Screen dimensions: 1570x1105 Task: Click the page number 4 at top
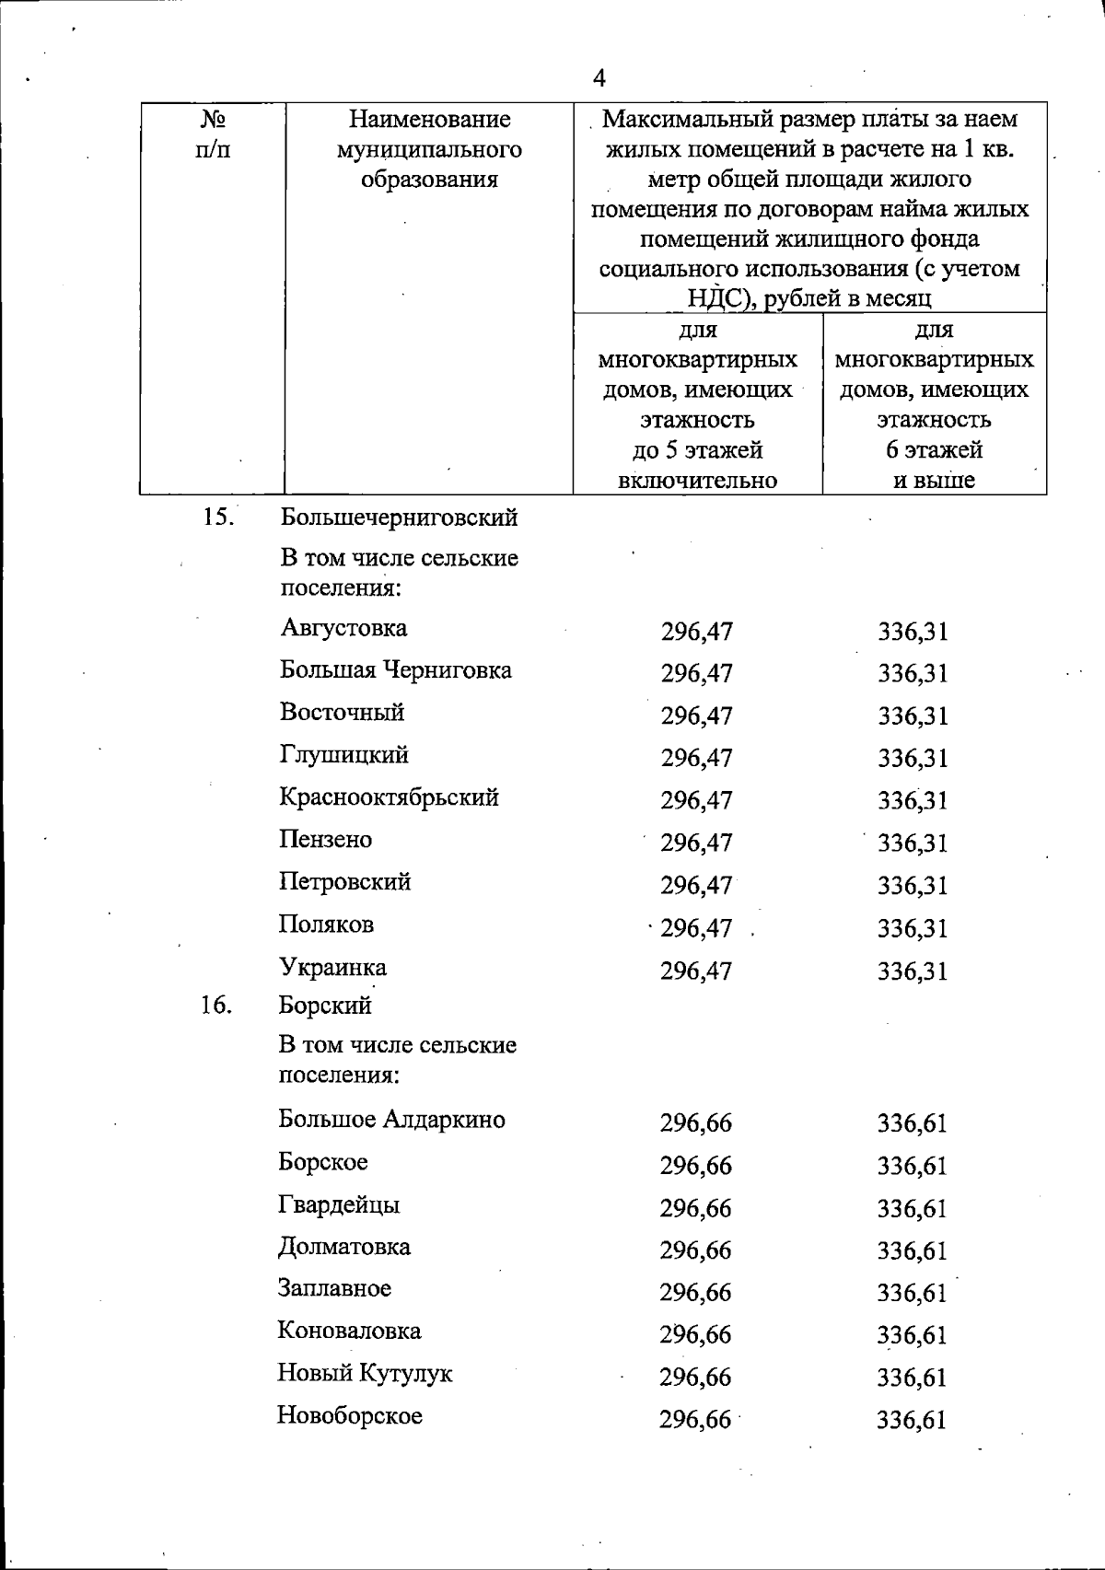click(599, 78)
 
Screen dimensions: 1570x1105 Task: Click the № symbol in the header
click(214, 120)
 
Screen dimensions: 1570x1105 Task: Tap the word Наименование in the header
click(429, 120)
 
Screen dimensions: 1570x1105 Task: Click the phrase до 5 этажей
click(697, 450)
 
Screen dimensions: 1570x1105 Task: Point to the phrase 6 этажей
click(934, 450)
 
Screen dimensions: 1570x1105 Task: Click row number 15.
click(217, 517)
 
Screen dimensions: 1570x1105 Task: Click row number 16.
click(215, 1005)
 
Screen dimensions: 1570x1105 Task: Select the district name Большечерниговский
click(399, 518)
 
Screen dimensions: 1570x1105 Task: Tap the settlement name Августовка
click(343, 629)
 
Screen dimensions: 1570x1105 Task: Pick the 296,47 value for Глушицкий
click(696, 758)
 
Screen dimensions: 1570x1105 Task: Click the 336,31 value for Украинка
click(913, 971)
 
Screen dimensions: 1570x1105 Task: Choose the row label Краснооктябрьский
click(389, 797)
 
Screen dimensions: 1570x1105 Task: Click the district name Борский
click(325, 1005)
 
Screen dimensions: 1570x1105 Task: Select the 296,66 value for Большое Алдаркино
click(695, 1123)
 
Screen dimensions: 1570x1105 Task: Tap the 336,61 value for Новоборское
click(912, 1420)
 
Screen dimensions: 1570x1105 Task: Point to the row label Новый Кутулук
click(365, 1373)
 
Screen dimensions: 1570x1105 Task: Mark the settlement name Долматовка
click(344, 1247)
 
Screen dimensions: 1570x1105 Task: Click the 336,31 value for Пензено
click(913, 843)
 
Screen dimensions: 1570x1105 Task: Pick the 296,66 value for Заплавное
click(695, 1293)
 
